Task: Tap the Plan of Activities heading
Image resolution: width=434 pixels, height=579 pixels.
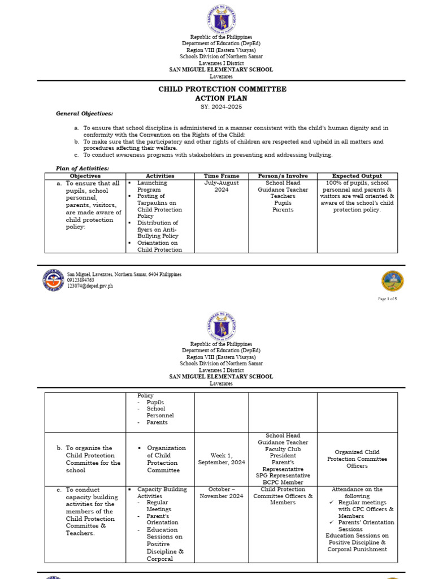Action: point(83,168)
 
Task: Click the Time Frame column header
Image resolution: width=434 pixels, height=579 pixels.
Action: point(222,176)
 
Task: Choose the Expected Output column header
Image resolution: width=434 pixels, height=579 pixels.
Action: point(357,176)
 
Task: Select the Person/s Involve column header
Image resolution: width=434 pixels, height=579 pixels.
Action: point(283,176)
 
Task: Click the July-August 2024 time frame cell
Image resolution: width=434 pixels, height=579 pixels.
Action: point(222,187)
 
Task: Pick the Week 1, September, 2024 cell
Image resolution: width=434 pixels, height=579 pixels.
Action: point(222,459)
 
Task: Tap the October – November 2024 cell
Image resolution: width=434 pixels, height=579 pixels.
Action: point(222,492)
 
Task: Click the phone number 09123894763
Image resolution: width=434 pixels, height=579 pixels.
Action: point(81,280)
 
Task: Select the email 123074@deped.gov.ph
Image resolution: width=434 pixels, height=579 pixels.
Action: point(90,286)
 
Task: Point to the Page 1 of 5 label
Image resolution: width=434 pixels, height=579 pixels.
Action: point(387,299)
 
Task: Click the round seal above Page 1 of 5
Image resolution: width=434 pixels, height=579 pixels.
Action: point(392,281)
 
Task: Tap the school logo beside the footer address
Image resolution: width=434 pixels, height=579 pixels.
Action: point(53,280)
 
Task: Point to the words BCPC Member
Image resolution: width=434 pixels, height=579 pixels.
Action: point(283,482)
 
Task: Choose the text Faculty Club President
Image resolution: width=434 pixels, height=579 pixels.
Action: point(283,452)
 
